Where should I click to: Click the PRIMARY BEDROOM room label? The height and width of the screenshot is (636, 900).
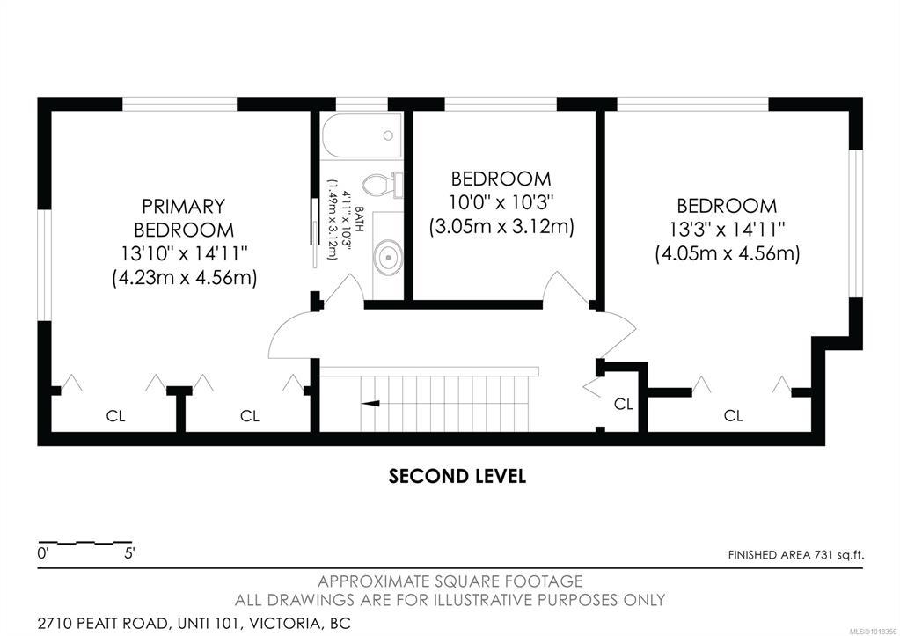(x=184, y=217)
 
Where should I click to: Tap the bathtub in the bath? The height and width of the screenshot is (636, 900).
(x=362, y=135)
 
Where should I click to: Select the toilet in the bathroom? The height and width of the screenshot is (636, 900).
(x=382, y=185)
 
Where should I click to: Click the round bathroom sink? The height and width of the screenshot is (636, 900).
(x=388, y=257)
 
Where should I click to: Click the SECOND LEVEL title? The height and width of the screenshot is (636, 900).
(x=457, y=477)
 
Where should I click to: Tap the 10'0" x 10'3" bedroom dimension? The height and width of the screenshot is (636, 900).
(x=501, y=202)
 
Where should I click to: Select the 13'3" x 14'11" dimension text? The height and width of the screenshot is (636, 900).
(x=727, y=230)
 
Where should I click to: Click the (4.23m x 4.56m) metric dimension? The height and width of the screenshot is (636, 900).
(x=184, y=278)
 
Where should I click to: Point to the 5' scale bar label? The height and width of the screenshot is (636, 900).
(x=129, y=554)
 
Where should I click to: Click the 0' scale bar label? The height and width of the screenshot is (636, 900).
(x=43, y=554)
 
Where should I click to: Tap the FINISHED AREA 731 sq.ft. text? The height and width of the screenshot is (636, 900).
(x=795, y=555)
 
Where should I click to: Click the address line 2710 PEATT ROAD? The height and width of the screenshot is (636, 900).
(x=194, y=623)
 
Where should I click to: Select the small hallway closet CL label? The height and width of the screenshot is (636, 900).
(x=624, y=404)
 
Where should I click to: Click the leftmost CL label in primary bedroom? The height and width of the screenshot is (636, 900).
(x=115, y=415)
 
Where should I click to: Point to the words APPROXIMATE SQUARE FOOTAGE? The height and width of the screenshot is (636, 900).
(x=450, y=581)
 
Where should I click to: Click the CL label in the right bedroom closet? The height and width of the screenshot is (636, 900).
(x=733, y=415)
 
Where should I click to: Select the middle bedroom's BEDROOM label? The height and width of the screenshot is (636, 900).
(x=501, y=179)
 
